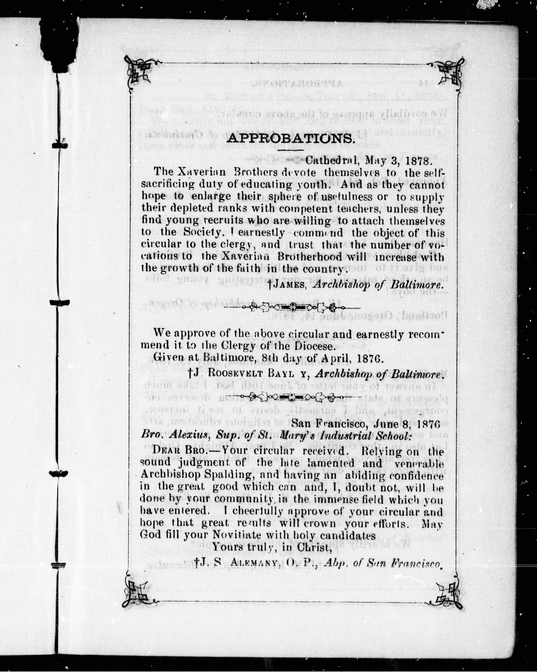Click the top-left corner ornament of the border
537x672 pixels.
139,71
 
